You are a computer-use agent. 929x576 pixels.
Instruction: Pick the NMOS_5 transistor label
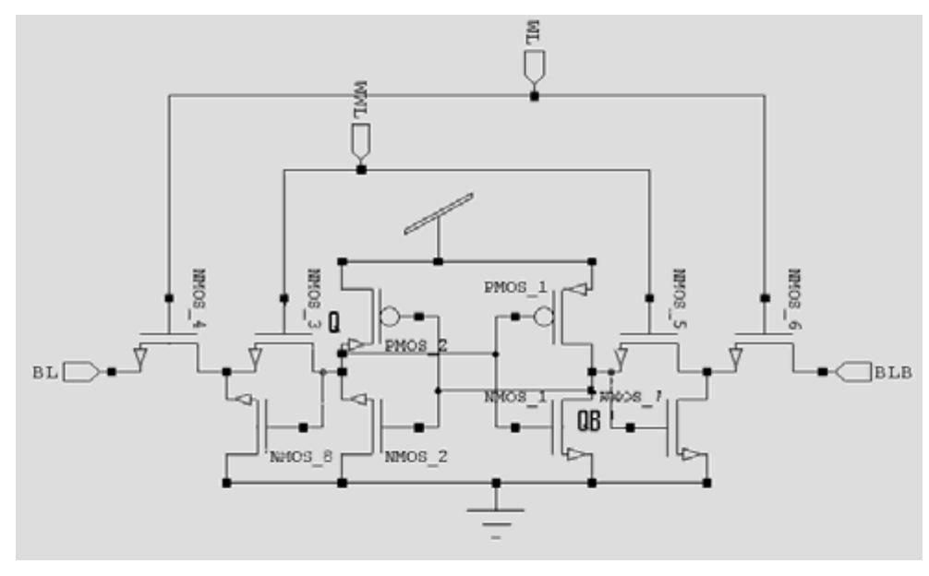tap(679, 290)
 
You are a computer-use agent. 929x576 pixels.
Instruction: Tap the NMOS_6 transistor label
tap(793, 288)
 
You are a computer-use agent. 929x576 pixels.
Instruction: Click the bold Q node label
tap(334, 322)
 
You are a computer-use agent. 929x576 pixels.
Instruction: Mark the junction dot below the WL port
tap(533, 95)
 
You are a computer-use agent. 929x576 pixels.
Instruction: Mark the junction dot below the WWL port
tap(361, 169)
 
